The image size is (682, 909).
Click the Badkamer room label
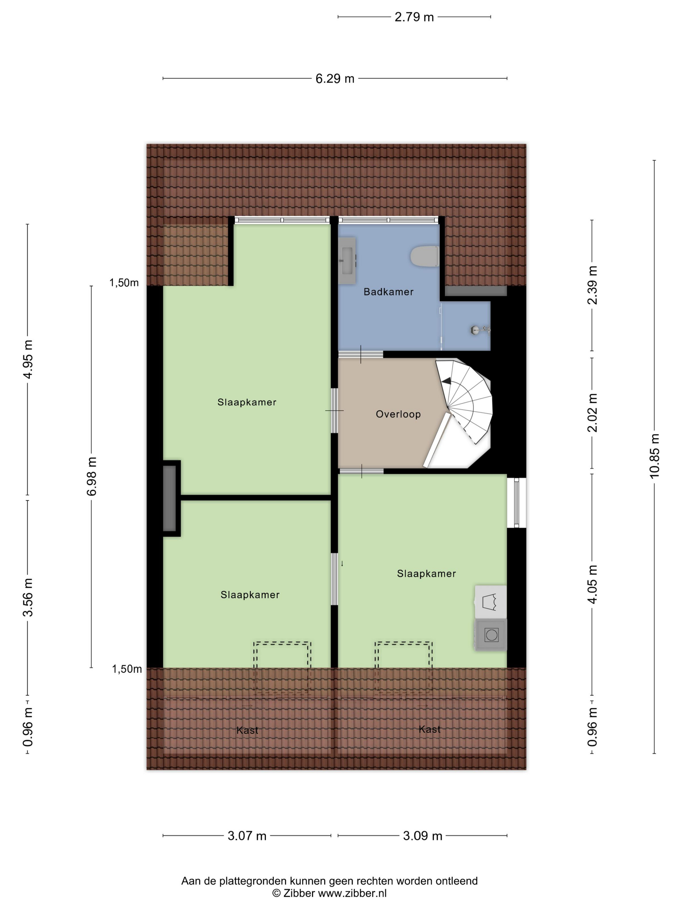click(x=388, y=292)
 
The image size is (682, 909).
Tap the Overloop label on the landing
click(x=398, y=414)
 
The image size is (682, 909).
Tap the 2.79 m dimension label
click(x=414, y=17)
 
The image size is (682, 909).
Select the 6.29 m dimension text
click(x=335, y=79)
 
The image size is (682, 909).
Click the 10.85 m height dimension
click(x=654, y=456)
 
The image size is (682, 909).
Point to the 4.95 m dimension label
click(x=28, y=359)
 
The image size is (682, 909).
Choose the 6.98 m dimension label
click(x=92, y=476)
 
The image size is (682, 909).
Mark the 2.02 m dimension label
click(x=592, y=413)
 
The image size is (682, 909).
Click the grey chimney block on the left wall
click(x=170, y=498)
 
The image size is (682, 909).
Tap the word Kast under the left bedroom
click(x=247, y=730)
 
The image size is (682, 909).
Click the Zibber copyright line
click(x=329, y=893)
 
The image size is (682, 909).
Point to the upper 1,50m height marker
click(x=124, y=283)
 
